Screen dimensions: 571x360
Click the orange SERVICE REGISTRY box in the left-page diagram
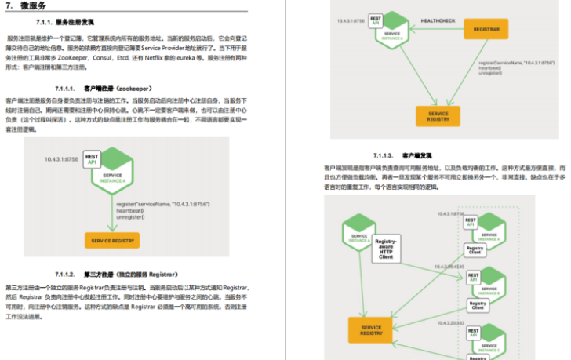[112, 240]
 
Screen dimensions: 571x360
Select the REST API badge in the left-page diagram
[91, 158]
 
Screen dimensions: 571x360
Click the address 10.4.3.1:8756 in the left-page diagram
[61, 159]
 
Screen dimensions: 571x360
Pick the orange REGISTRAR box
[486, 29]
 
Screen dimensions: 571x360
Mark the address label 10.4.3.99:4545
[451, 267]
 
